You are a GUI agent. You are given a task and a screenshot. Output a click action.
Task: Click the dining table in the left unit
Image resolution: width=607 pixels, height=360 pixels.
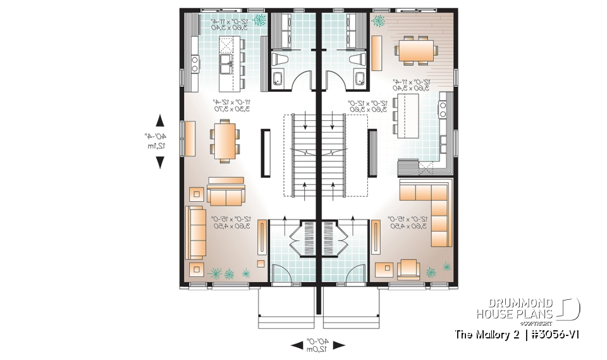tap(224, 140)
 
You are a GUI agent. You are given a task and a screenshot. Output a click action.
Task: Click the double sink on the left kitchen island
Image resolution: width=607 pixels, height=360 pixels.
tap(226, 63)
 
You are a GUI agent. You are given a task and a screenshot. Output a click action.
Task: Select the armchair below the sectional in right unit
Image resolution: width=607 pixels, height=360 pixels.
tap(408, 268)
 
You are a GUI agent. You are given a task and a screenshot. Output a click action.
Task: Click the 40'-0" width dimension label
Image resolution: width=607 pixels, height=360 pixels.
tap(318, 345)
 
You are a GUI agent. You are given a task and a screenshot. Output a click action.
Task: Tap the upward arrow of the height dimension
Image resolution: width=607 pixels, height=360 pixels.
tap(160, 120)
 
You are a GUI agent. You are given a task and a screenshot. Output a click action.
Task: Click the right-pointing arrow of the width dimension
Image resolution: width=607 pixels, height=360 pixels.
tap(340, 345)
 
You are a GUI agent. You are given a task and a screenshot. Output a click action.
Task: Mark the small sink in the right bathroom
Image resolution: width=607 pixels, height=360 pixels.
tap(359, 78)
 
